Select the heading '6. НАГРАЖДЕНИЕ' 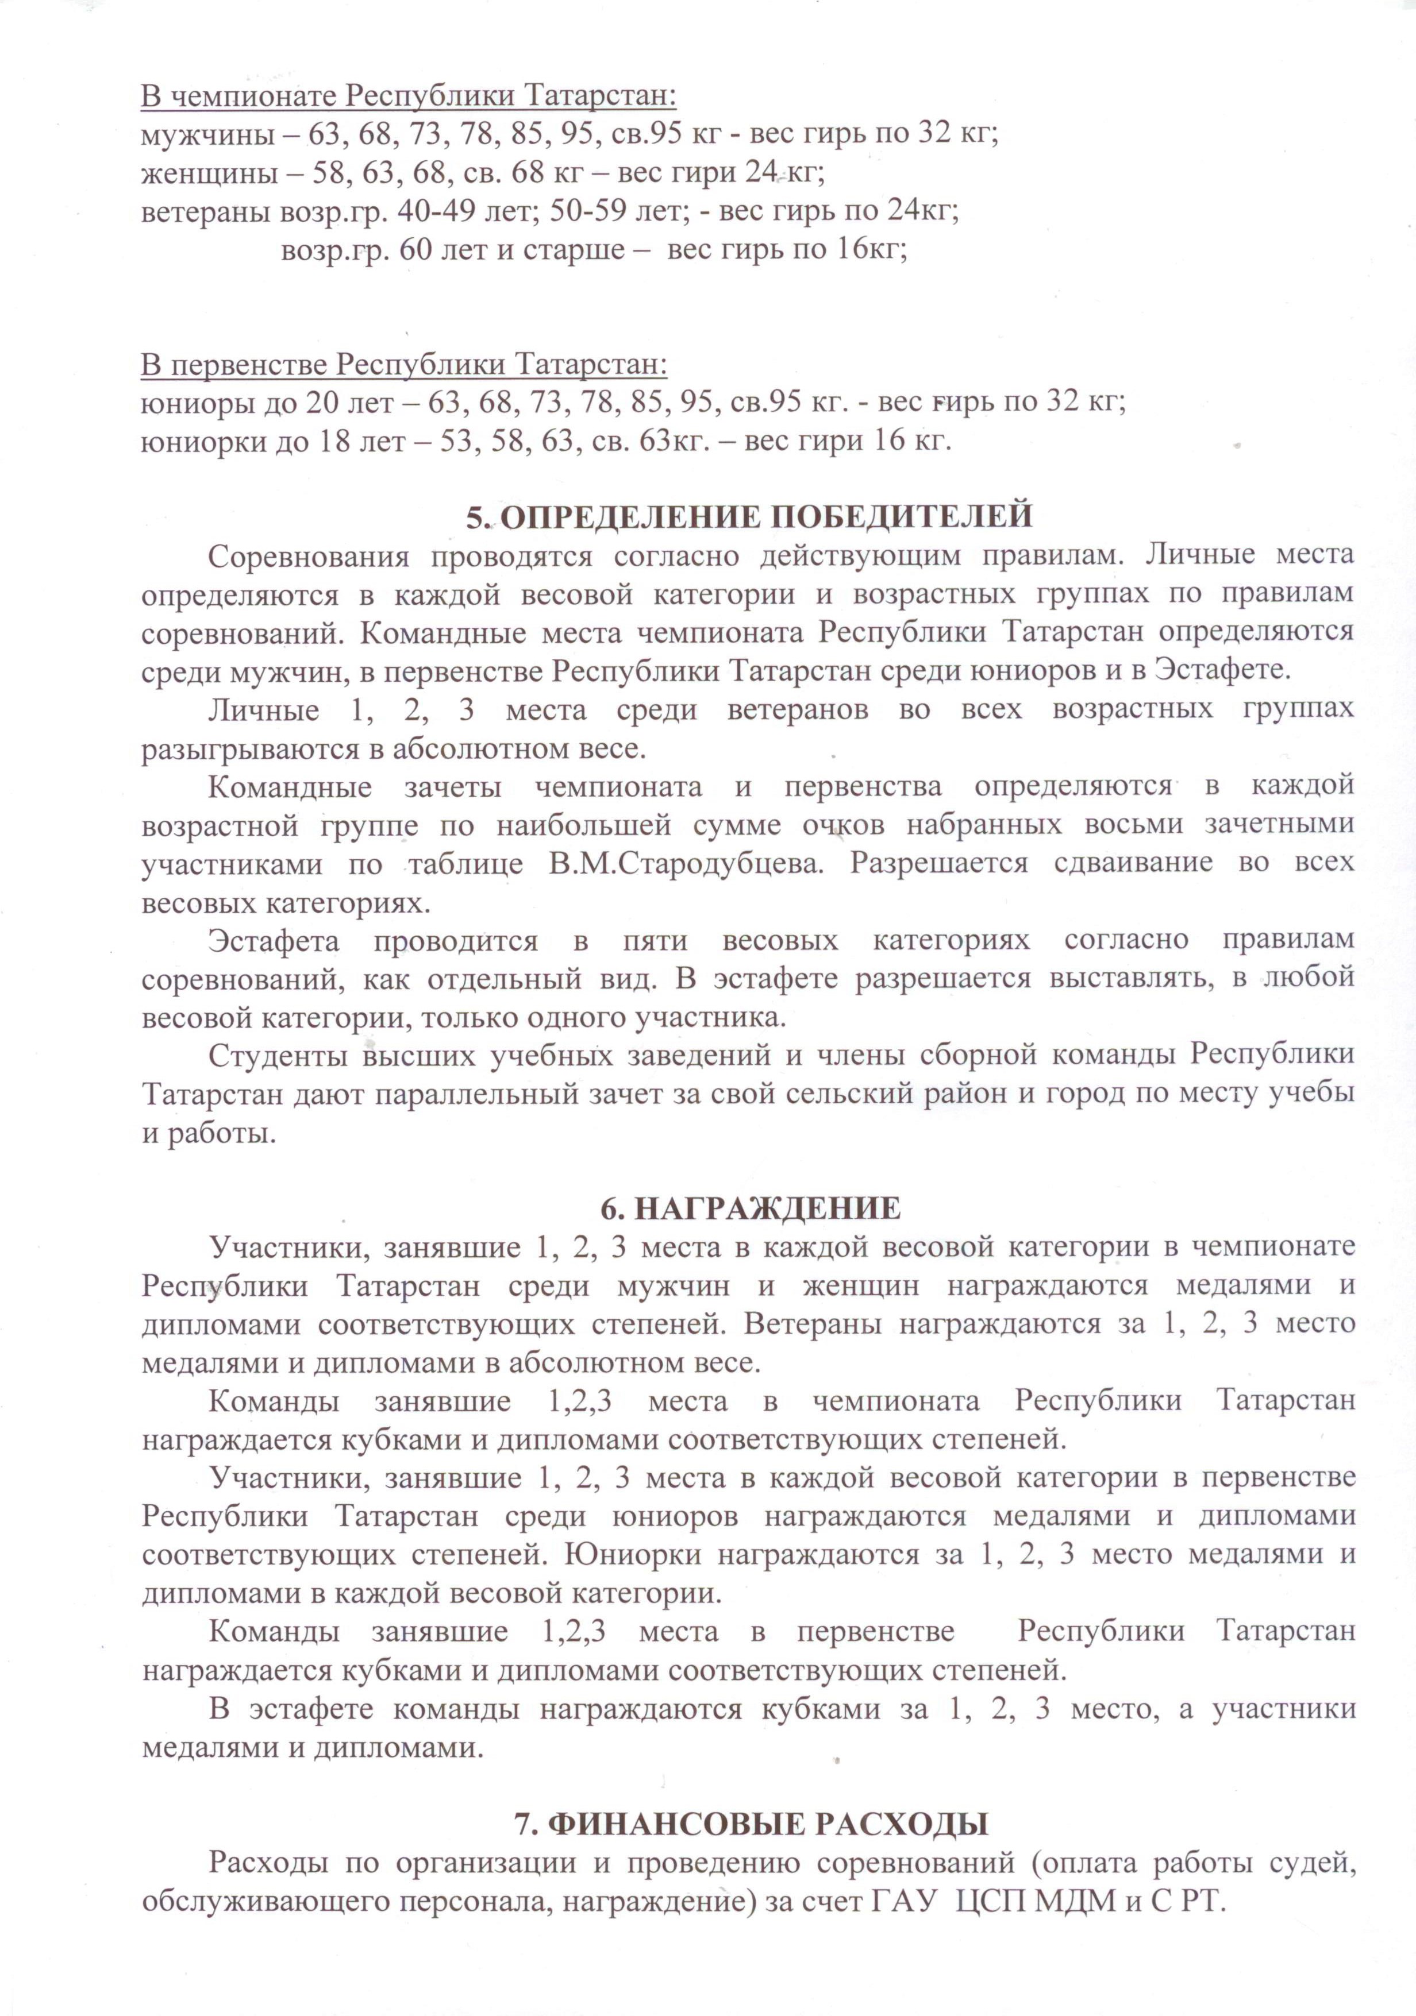(750, 1208)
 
